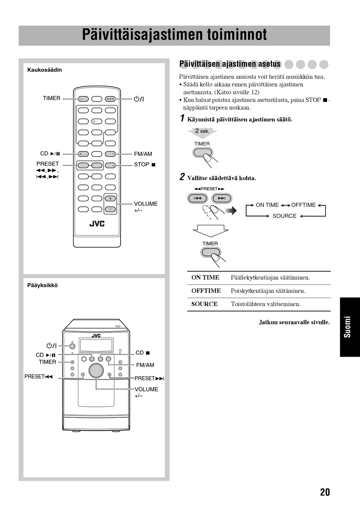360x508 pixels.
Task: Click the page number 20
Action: click(325, 492)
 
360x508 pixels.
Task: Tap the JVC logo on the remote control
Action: click(97, 224)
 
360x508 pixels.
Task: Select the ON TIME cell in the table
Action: click(205, 278)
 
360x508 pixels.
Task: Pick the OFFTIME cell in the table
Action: click(206, 291)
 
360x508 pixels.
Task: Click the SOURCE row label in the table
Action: click(205, 304)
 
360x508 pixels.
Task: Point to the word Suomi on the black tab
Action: click(347, 327)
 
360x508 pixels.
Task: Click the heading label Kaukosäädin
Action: click(44, 70)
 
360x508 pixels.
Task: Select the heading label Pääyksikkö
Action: click(42, 286)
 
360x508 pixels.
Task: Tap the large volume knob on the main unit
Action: click(96, 371)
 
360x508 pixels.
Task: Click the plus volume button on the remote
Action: click(110, 199)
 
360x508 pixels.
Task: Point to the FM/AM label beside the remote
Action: click(143, 154)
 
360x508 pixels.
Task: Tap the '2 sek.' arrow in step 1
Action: click(202, 131)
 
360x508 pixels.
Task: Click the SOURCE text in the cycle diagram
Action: click(284, 216)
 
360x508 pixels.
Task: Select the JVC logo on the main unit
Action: click(96, 336)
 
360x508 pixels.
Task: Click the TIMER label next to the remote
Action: click(52, 98)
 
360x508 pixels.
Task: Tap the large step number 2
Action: click(182, 177)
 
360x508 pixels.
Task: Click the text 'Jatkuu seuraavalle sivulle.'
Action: click(294, 322)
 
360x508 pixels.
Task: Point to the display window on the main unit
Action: click(96, 345)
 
